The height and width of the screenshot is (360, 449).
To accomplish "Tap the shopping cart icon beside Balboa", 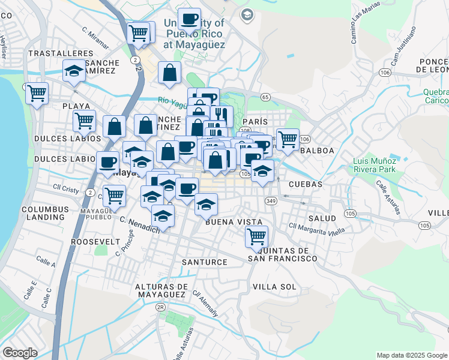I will (x=288, y=139).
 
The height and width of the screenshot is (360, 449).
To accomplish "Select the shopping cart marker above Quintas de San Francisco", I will (x=256, y=235).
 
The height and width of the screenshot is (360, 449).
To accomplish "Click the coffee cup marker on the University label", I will (x=189, y=19).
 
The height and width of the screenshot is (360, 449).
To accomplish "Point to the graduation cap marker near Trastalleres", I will (x=74, y=71).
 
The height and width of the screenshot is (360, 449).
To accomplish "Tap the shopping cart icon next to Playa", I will (x=84, y=120).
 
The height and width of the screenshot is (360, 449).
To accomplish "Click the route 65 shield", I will (x=265, y=97).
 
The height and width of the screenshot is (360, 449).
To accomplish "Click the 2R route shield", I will (x=160, y=307).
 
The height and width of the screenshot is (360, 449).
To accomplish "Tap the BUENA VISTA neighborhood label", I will (x=234, y=221).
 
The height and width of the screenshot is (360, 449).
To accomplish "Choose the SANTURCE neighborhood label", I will (x=205, y=262).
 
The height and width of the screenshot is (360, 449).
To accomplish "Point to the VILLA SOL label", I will (x=274, y=287).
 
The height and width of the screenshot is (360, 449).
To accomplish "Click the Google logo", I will (x=20, y=353).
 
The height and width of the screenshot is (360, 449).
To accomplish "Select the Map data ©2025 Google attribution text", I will (x=411, y=355).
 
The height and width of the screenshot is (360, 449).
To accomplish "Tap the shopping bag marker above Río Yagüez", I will (x=170, y=72).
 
